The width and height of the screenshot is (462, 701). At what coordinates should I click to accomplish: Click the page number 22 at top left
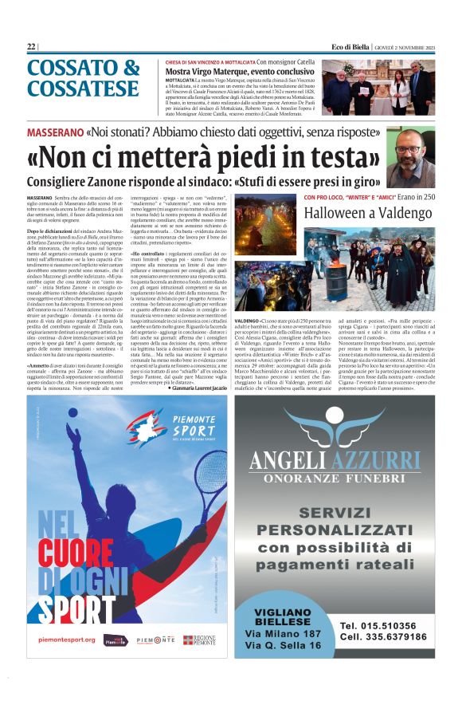pyautogui.click(x=31, y=47)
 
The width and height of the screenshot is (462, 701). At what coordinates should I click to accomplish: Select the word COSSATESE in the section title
pyautogui.click(x=83, y=88)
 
